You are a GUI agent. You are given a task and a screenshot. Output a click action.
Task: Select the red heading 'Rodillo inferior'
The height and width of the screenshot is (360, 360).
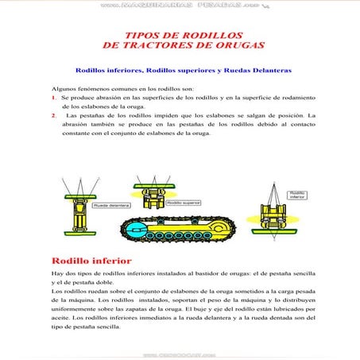91,260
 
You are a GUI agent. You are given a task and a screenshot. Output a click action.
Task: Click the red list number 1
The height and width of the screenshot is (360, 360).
53,95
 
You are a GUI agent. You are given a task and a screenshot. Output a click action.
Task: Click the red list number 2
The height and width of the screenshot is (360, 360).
53,115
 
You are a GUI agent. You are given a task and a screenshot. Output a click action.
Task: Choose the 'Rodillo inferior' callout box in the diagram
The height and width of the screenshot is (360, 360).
297,194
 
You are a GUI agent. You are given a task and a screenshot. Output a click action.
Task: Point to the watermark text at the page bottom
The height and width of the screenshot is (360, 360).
180,355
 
